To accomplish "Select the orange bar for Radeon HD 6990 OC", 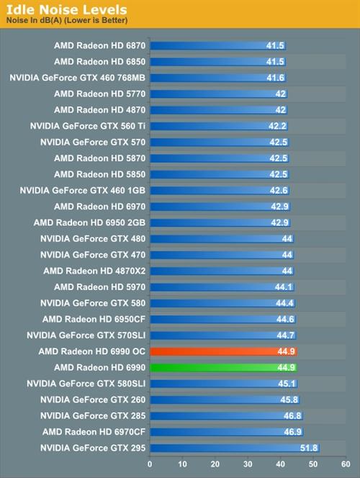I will click(223, 351).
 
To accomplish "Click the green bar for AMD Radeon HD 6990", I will click(223, 367).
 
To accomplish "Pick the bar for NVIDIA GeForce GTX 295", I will click(234, 448).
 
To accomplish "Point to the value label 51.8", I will click(308, 448).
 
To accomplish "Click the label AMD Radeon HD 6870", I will click(99, 45).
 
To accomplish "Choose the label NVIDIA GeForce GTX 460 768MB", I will click(78, 77).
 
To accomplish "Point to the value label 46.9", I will click(292, 432).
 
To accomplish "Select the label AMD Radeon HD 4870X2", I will click(94, 271).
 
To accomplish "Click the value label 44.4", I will click(284, 303).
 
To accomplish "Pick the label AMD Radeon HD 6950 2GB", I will click(89, 222).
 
